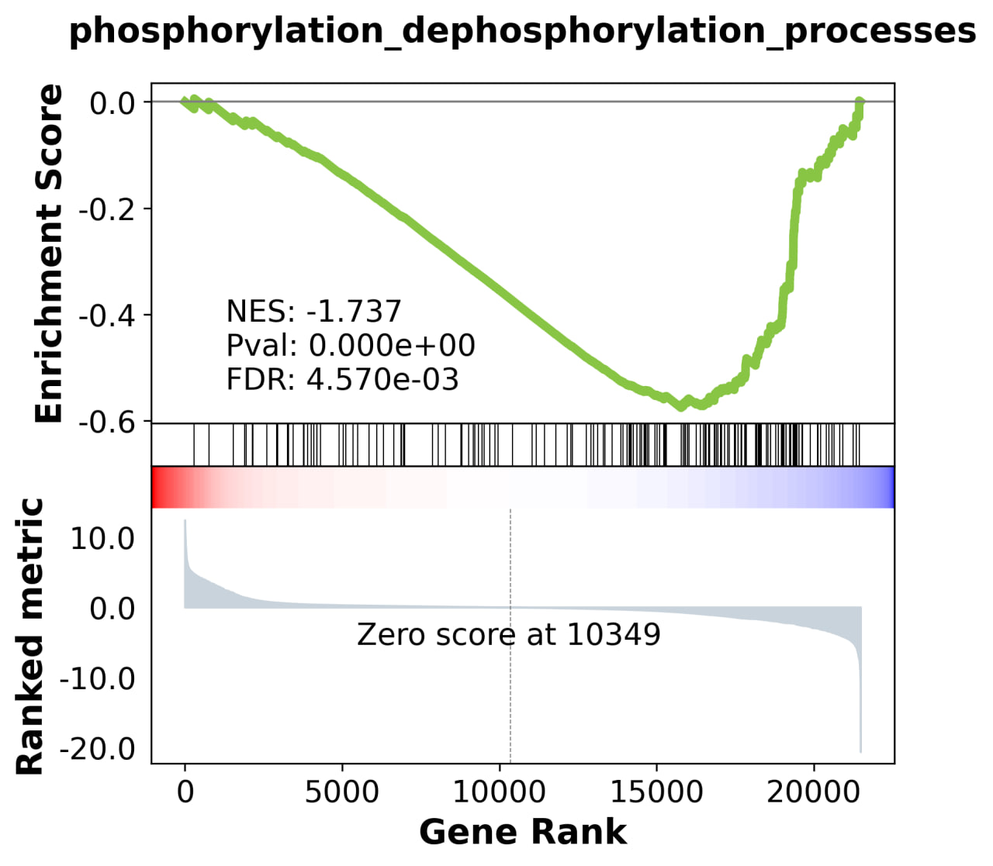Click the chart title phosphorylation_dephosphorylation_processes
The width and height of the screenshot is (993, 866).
point(522,32)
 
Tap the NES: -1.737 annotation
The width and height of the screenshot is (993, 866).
point(313,312)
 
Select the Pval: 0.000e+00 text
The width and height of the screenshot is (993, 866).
point(351,346)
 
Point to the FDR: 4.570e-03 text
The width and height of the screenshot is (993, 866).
point(342,380)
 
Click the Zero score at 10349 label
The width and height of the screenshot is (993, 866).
point(508,635)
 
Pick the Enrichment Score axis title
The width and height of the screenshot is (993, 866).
point(49,254)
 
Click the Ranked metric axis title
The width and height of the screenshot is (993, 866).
point(30,636)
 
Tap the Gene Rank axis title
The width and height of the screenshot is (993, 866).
point(522,832)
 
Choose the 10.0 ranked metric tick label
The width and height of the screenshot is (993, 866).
point(102,538)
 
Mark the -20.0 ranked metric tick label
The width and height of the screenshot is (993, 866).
point(97,749)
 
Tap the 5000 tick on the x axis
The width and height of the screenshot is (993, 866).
point(342,792)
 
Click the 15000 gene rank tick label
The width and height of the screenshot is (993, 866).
point(656,792)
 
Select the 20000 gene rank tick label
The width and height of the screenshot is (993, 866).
point(813,792)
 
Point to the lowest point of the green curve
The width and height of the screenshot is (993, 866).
point(682,406)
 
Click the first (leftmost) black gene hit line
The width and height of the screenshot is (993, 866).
point(193,444)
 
